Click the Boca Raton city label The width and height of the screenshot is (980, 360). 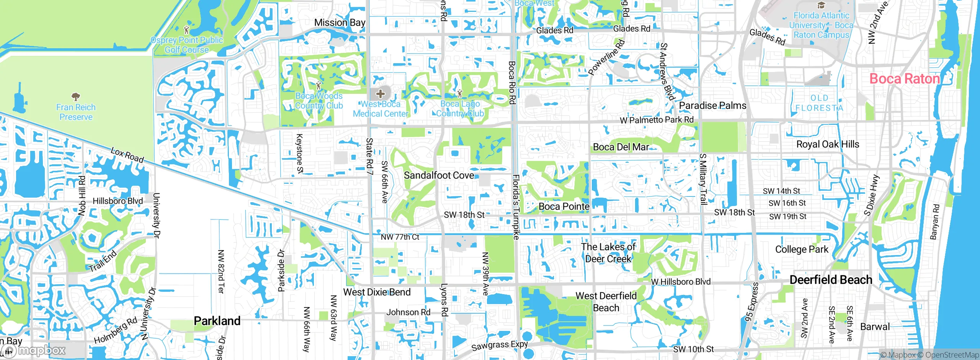(905, 79)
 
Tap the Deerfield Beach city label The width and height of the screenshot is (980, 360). (831, 280)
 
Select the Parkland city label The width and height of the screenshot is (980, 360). (217, 321)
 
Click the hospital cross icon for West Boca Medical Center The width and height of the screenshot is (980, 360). (381, 93)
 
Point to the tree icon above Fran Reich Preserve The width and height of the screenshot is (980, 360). (76, 96)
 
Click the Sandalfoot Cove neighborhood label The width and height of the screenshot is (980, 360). (439, 175)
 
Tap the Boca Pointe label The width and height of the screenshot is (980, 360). (564, 207)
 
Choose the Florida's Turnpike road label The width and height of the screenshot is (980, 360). (516, 207)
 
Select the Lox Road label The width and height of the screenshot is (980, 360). (127, 155)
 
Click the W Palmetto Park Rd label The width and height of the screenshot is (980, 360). (657, 120)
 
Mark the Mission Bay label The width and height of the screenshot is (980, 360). (340, 23)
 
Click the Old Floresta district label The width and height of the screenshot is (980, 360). (819, 103)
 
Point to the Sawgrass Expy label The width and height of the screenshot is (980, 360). (499, 345)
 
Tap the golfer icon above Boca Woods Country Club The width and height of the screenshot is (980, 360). (318, 85)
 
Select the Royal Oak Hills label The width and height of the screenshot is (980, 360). (828, 144)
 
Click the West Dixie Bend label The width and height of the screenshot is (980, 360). (377, 292)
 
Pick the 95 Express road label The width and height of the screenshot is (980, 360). (751, 302)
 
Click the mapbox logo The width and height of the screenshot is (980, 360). (34, 350)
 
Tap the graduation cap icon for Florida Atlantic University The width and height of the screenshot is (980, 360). (821, 5)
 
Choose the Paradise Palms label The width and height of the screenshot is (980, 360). (712, 106)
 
